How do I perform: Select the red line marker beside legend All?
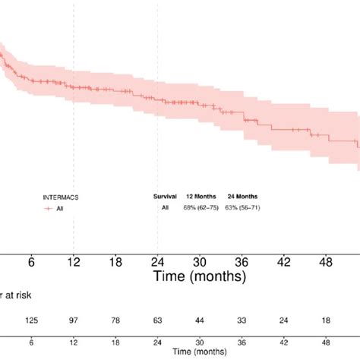point(49,207)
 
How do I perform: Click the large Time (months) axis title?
point(199,273)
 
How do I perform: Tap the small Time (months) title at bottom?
point(199,352)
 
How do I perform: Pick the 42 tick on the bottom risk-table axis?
point(283,341)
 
